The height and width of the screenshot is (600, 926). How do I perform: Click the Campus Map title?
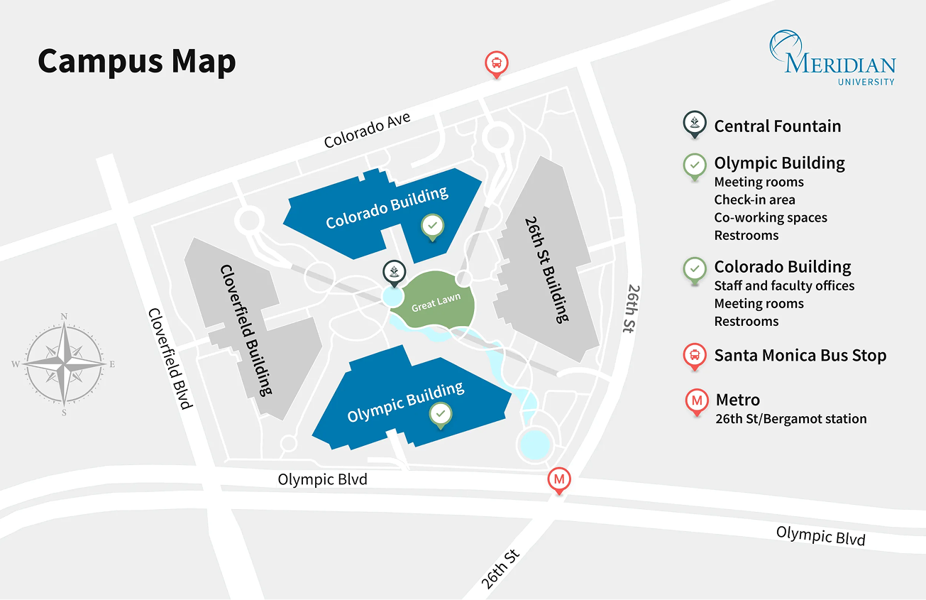pos(136,62)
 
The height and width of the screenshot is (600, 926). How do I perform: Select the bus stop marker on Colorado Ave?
pos(497,64)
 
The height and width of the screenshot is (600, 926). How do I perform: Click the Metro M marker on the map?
pos(559,481)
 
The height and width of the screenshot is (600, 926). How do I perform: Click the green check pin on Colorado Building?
pos(433,227)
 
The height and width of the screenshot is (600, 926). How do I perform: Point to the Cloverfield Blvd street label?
pos(170,359)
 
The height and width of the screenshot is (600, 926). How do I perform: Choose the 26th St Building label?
pos(546,270)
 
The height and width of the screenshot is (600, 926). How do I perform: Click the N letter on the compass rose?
pos(64,317)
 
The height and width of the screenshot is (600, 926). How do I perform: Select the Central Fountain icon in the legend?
pos(695,125)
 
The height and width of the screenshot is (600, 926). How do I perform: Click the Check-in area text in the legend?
pos(754,200)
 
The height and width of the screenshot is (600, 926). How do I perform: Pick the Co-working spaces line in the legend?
pos(771,217)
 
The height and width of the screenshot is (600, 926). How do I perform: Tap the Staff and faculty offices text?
pos(784,285)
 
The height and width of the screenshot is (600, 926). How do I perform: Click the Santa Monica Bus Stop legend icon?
pos(695,355)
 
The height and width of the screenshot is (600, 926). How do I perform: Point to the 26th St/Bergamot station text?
pos(790,419)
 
